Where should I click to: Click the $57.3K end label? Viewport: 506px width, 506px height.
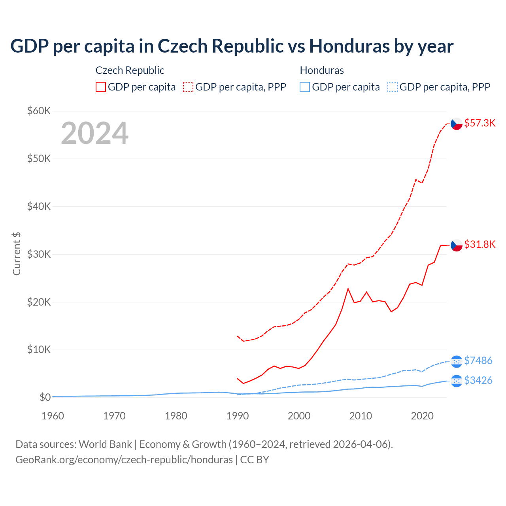(480, 123)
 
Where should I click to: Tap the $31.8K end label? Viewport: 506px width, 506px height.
(480, 244)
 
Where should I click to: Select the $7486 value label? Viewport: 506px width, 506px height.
(478, 361)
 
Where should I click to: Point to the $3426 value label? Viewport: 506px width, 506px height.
(478, 380)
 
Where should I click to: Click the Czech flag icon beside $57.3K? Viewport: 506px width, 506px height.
(457, 124)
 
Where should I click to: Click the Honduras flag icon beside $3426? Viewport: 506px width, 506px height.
(457, 381)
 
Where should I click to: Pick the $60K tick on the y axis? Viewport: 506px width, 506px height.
(39, 111)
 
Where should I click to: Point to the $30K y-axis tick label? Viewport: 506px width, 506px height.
(39, 254)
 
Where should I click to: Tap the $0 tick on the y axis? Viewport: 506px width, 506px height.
(45, 397)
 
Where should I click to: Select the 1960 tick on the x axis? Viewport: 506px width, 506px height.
(53, 416)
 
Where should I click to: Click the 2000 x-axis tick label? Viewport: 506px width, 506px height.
(299, 416)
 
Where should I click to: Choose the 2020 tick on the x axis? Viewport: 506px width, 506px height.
(422, 416)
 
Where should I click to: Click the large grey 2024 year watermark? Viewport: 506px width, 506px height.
(94, 133)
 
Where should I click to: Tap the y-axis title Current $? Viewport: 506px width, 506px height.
(17, 254)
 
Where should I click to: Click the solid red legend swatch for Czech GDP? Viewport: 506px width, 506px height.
(101, 87)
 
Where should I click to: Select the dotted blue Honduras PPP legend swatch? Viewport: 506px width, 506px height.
(393, 87)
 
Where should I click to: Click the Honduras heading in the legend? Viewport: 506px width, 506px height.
(322, 70)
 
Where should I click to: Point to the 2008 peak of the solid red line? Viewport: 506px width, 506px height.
(348, 289)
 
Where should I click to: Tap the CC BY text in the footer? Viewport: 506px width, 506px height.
(255, 460)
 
